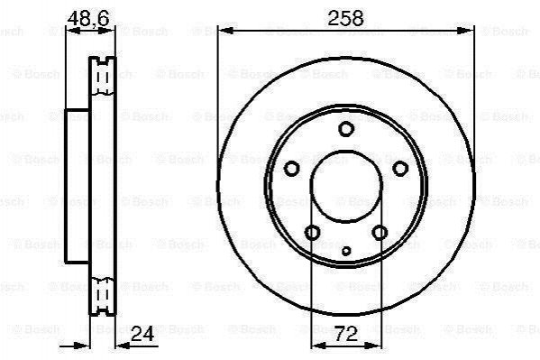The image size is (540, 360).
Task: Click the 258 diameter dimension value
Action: [x=345, y=18]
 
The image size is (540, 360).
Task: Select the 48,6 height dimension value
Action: [x=88, y=18]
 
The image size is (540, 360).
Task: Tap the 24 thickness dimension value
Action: [x=142, y=334]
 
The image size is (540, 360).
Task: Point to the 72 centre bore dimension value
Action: [x=346, y=334]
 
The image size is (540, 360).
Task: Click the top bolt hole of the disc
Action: [x=346, y=129]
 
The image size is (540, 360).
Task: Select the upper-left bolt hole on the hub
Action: [x=292, y=169]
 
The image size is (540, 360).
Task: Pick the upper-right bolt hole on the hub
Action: [x=400, y=169]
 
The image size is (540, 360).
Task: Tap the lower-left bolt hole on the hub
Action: [x=313, y=233]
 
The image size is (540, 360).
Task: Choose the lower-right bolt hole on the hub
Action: [x=380, y=233]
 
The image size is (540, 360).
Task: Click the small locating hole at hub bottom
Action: [x=346, y=251]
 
